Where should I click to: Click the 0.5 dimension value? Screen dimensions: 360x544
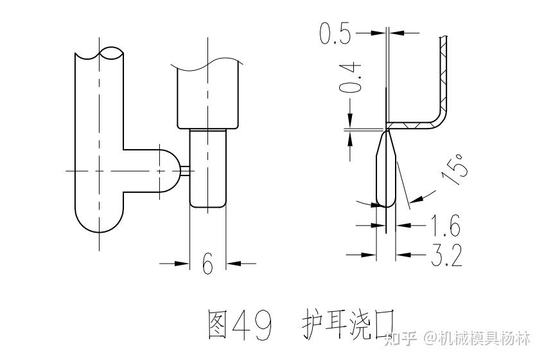point(335,33)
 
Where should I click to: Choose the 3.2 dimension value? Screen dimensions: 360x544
point(446,256)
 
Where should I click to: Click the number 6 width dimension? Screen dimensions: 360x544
point(207,264)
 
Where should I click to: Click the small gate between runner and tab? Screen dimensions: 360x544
point(185,170)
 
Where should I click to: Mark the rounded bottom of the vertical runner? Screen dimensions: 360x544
point(100,222)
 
